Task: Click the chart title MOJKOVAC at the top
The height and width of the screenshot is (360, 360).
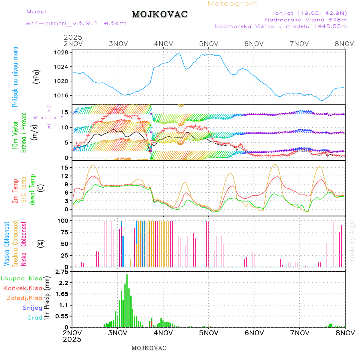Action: (x=160, y=14)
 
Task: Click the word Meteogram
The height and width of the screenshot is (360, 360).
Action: (x=233, y=4)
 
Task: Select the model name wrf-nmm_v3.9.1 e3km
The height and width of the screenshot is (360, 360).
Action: (x=76, y=23)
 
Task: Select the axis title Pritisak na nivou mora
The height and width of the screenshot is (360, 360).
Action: (x=15, y=77)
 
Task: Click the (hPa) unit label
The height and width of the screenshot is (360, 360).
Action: (x=37, y=76)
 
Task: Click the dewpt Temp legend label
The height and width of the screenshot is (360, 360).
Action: (x=32, y=189)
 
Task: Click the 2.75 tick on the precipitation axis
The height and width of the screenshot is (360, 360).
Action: (x=61, y=272)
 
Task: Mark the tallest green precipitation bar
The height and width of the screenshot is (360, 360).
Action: (x=127, y=300)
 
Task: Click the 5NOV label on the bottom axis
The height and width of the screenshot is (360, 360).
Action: (x=208, y=332)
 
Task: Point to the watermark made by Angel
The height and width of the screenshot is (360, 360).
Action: (x=352, y=240)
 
